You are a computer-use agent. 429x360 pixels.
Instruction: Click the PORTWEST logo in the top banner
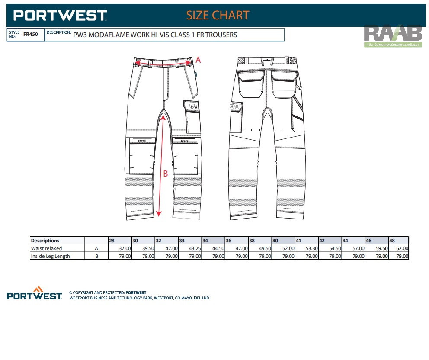click(60, 16)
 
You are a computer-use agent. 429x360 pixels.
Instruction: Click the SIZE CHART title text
click(218, 16)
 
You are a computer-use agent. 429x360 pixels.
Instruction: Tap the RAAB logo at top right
click(393, 35)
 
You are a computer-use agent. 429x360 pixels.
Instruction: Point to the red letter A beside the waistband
click(198, 60)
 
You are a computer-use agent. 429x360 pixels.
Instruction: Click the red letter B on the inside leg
click(165, 174)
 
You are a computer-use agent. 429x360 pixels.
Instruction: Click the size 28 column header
click(112, 241)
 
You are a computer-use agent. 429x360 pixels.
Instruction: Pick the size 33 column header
click(182, 241)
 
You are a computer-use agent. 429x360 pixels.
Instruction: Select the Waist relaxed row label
click(46, 248)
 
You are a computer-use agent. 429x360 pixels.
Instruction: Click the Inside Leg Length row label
click(50, 256)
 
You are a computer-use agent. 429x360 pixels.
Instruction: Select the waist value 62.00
click(402, 248)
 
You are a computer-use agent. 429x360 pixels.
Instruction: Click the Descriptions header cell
click(45, 241)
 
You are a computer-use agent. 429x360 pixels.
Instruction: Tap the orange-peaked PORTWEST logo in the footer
click(35, 294)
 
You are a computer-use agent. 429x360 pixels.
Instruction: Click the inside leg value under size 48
click(402, 256)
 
